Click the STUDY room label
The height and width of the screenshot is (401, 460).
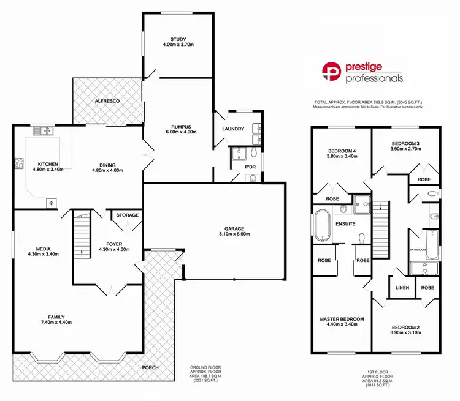[x=178, y=39]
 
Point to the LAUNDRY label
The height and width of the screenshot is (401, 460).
[x=233, y=129]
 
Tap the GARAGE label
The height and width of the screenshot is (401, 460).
[x=235, y=227]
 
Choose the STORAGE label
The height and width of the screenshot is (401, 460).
[x=127, y=215]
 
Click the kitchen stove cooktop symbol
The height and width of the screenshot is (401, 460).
[x=19, y=163]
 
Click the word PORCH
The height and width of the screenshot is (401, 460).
[x=150, y=367]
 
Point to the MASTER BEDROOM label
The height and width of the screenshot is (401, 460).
[x=342, y=319]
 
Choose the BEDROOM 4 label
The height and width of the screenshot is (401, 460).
[x=342, y=151]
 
